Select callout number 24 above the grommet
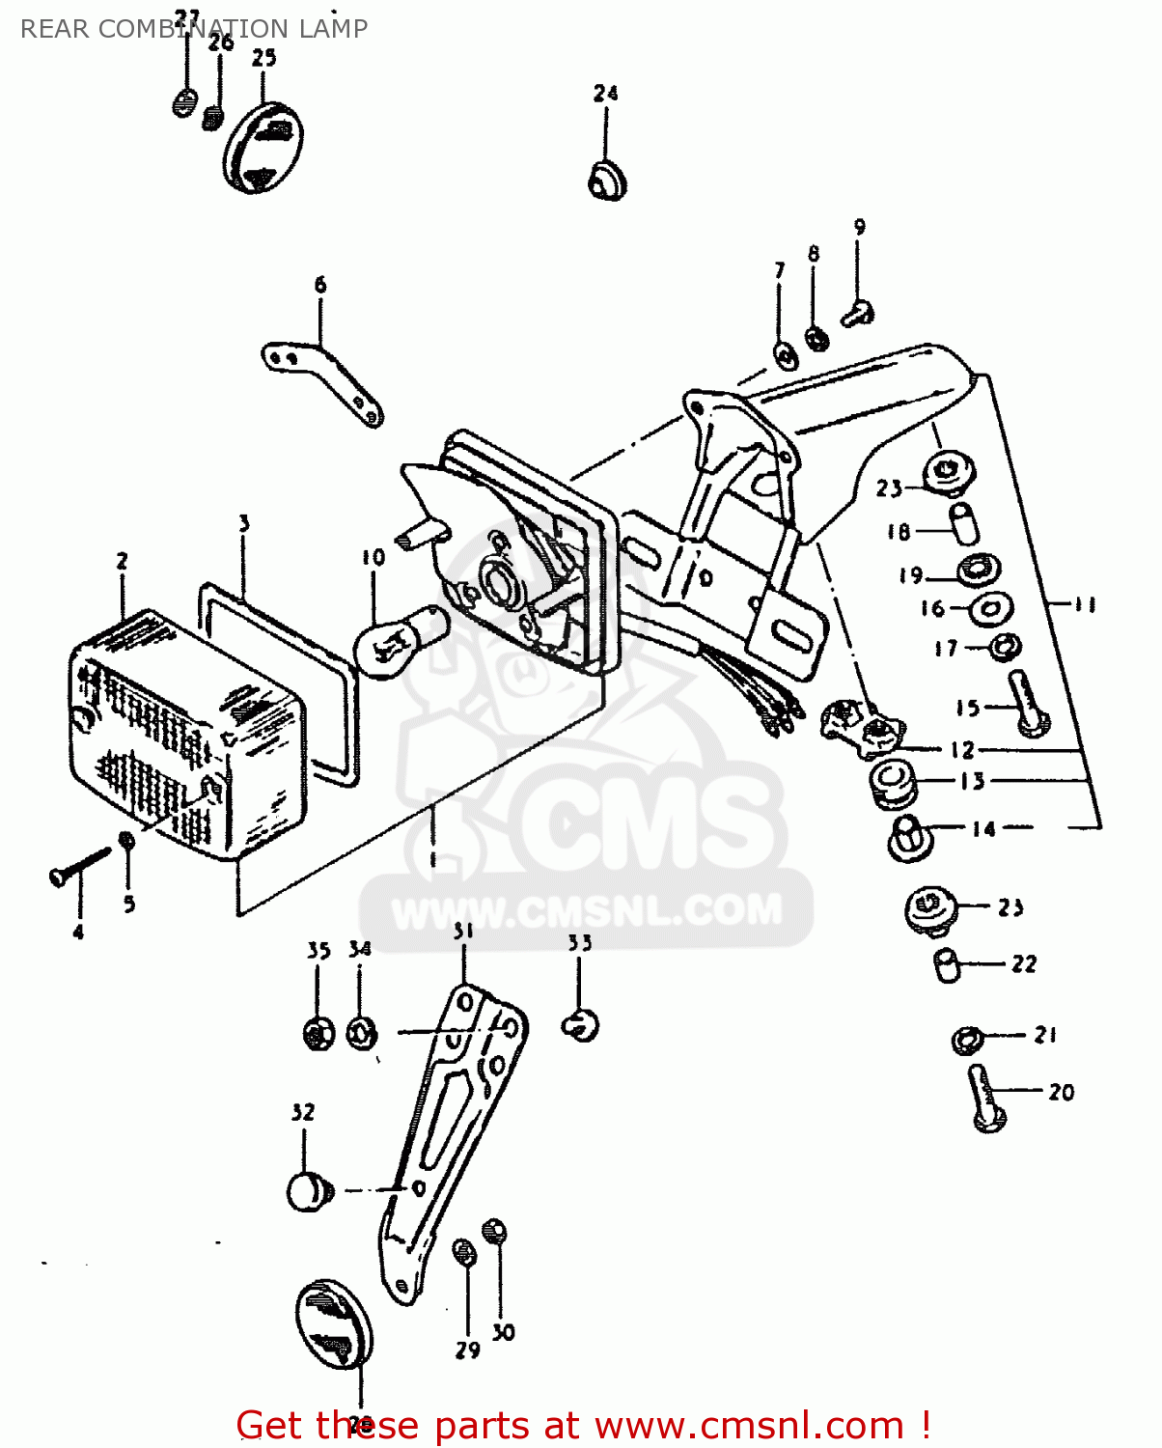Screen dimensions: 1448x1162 [605, 94]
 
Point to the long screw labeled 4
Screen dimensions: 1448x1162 [79, 865]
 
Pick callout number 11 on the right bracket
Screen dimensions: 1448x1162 [1085, 605]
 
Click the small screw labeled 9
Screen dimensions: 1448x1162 [858, 312]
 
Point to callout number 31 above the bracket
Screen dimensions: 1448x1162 [463, 931]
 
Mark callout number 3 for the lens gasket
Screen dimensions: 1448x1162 [244, 523]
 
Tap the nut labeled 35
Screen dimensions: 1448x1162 [318, 1034]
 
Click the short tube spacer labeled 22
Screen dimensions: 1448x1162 [947, 964]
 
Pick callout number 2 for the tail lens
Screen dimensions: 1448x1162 [123, 561]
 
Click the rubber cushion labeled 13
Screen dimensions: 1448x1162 [893, 780]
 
